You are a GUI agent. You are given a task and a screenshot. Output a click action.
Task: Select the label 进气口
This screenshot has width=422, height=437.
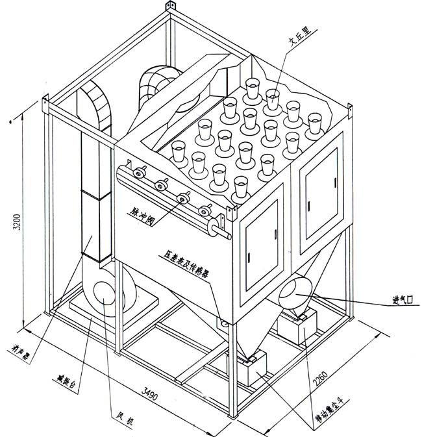[x=402, y=300]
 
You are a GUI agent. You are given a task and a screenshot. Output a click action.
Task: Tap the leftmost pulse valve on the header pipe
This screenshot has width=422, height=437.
[x=138, y=175]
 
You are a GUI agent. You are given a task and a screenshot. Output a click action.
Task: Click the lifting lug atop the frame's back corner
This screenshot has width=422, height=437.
[x=171, y=7]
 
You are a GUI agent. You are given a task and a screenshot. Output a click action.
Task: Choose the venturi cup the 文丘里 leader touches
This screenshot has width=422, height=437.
[x=272, y=98]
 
